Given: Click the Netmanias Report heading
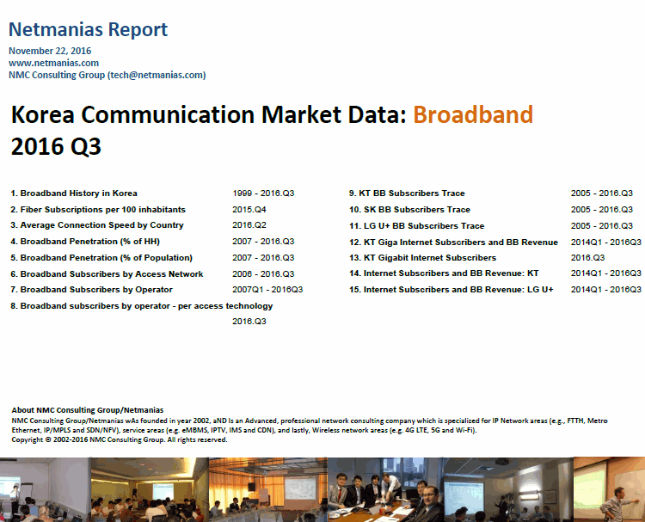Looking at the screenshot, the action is [88, 29].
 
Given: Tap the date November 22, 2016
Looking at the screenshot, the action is [50, 51].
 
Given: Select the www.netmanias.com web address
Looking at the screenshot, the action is [53, 63].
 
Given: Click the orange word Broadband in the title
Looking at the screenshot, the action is [473, 114].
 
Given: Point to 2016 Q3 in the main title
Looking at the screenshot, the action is [56, 146].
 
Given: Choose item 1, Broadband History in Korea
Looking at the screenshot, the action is [74, 193].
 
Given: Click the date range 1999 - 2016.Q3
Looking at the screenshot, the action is [263, 193].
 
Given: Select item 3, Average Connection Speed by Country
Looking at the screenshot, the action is [97, 225].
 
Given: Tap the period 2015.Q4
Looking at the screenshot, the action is [249, 209].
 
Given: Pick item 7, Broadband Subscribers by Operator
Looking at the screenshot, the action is [91, 290].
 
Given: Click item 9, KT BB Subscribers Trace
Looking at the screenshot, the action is [407, 193].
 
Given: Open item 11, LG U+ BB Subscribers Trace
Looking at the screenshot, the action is [417, 226].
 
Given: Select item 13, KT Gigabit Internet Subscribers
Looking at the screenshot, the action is [423, 258].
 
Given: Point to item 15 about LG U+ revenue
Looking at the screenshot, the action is [451, 290].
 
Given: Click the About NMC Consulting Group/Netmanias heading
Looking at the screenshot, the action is [88, 410].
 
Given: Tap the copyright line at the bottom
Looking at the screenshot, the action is [120, 439].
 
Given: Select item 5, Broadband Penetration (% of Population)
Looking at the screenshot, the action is [101, 258].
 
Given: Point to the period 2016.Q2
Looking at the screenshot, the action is [249, 225].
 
